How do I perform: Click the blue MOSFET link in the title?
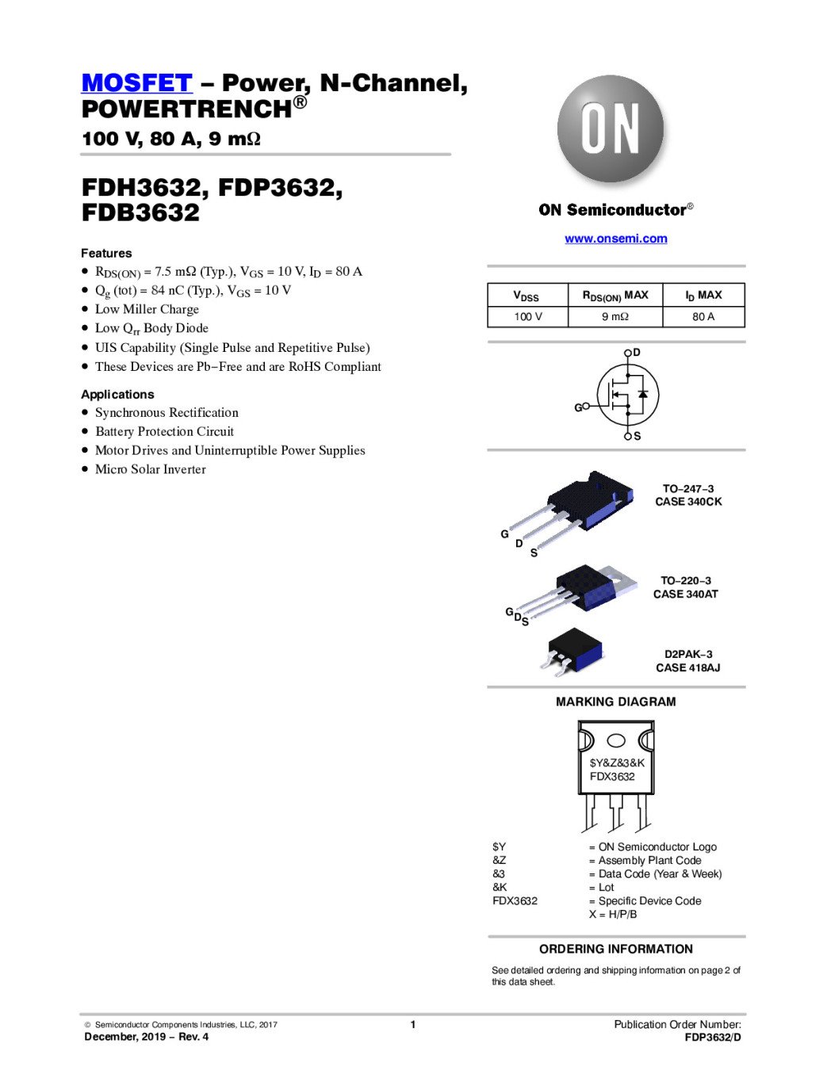[136, 82]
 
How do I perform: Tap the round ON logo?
[611, 129]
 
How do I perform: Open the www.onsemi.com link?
[615, 239]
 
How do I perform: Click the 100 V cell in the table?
[527, 316]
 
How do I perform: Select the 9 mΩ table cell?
[615, 316]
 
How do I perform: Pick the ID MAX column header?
[703, 295]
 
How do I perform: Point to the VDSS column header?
[526, 296]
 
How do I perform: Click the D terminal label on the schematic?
[637, 352]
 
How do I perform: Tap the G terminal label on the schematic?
[578, 407]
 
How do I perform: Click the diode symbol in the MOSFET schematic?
[642, 394]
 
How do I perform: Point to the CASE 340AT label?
[685, 594]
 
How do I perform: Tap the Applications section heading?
[117, 394]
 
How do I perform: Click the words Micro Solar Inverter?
[150, 469]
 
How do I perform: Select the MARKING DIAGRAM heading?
[615, 701]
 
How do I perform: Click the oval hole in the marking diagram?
[616, 740]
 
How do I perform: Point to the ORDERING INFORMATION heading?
[615, 949]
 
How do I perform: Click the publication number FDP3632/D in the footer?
[713, 1037]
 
